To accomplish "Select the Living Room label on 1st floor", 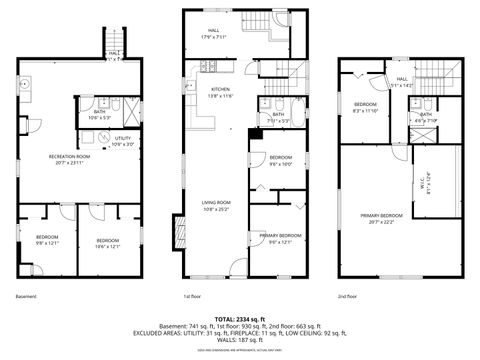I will click(x=215, y=206).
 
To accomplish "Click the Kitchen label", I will click(x=220, y=92).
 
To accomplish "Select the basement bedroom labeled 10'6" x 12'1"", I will click(x=108, y=243).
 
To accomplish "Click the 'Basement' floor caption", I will click(x=26, y=296).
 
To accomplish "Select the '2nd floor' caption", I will click(x=349, y=296).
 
